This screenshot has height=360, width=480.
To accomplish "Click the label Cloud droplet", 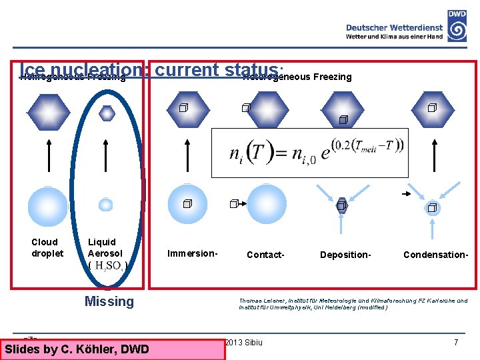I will [x=47, y=247].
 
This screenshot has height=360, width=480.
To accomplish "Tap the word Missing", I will [x=109, y=301].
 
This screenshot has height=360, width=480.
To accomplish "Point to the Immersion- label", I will [x=193, y=253].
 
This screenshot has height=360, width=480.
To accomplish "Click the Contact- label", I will [x=265, y=255].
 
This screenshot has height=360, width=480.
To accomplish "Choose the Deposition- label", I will [x=345, y=255].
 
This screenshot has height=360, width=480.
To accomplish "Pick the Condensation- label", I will [x=435, y=255].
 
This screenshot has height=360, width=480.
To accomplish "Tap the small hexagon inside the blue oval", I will [x=107, y=113].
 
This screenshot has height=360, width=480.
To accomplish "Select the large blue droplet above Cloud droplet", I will [x=48, y=207].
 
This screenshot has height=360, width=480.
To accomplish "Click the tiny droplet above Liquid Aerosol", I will [x=106, y=205].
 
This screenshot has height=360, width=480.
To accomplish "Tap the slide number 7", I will [x=456, y=343].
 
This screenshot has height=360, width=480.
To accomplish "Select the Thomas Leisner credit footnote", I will [x=353, y=304].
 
